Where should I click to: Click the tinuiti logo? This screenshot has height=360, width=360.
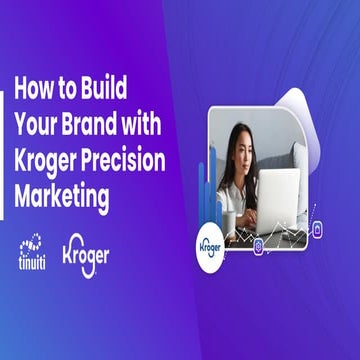click(33, 253)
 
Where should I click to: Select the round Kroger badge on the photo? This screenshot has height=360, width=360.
click(209, 245)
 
